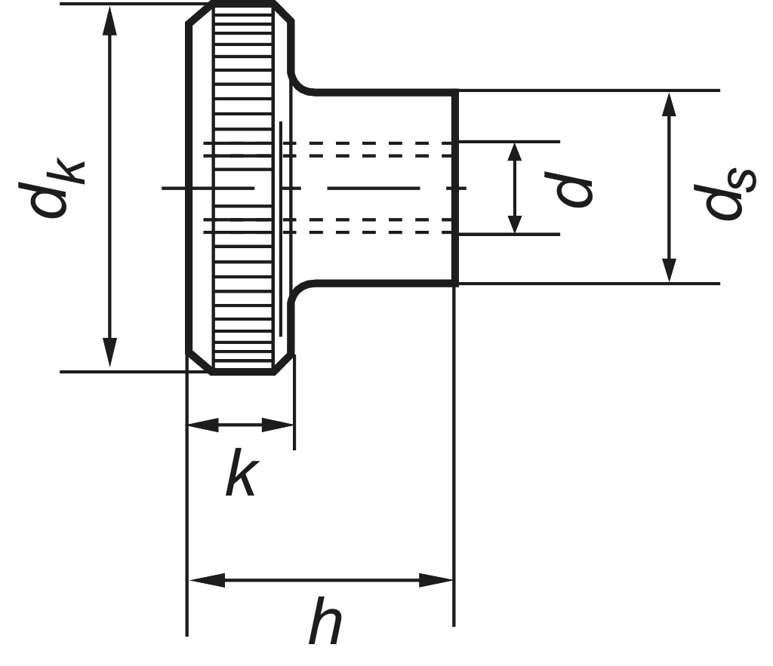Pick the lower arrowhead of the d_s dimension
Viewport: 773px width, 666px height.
668,270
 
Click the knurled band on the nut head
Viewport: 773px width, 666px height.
243,189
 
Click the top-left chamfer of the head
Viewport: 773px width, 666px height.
199,14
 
